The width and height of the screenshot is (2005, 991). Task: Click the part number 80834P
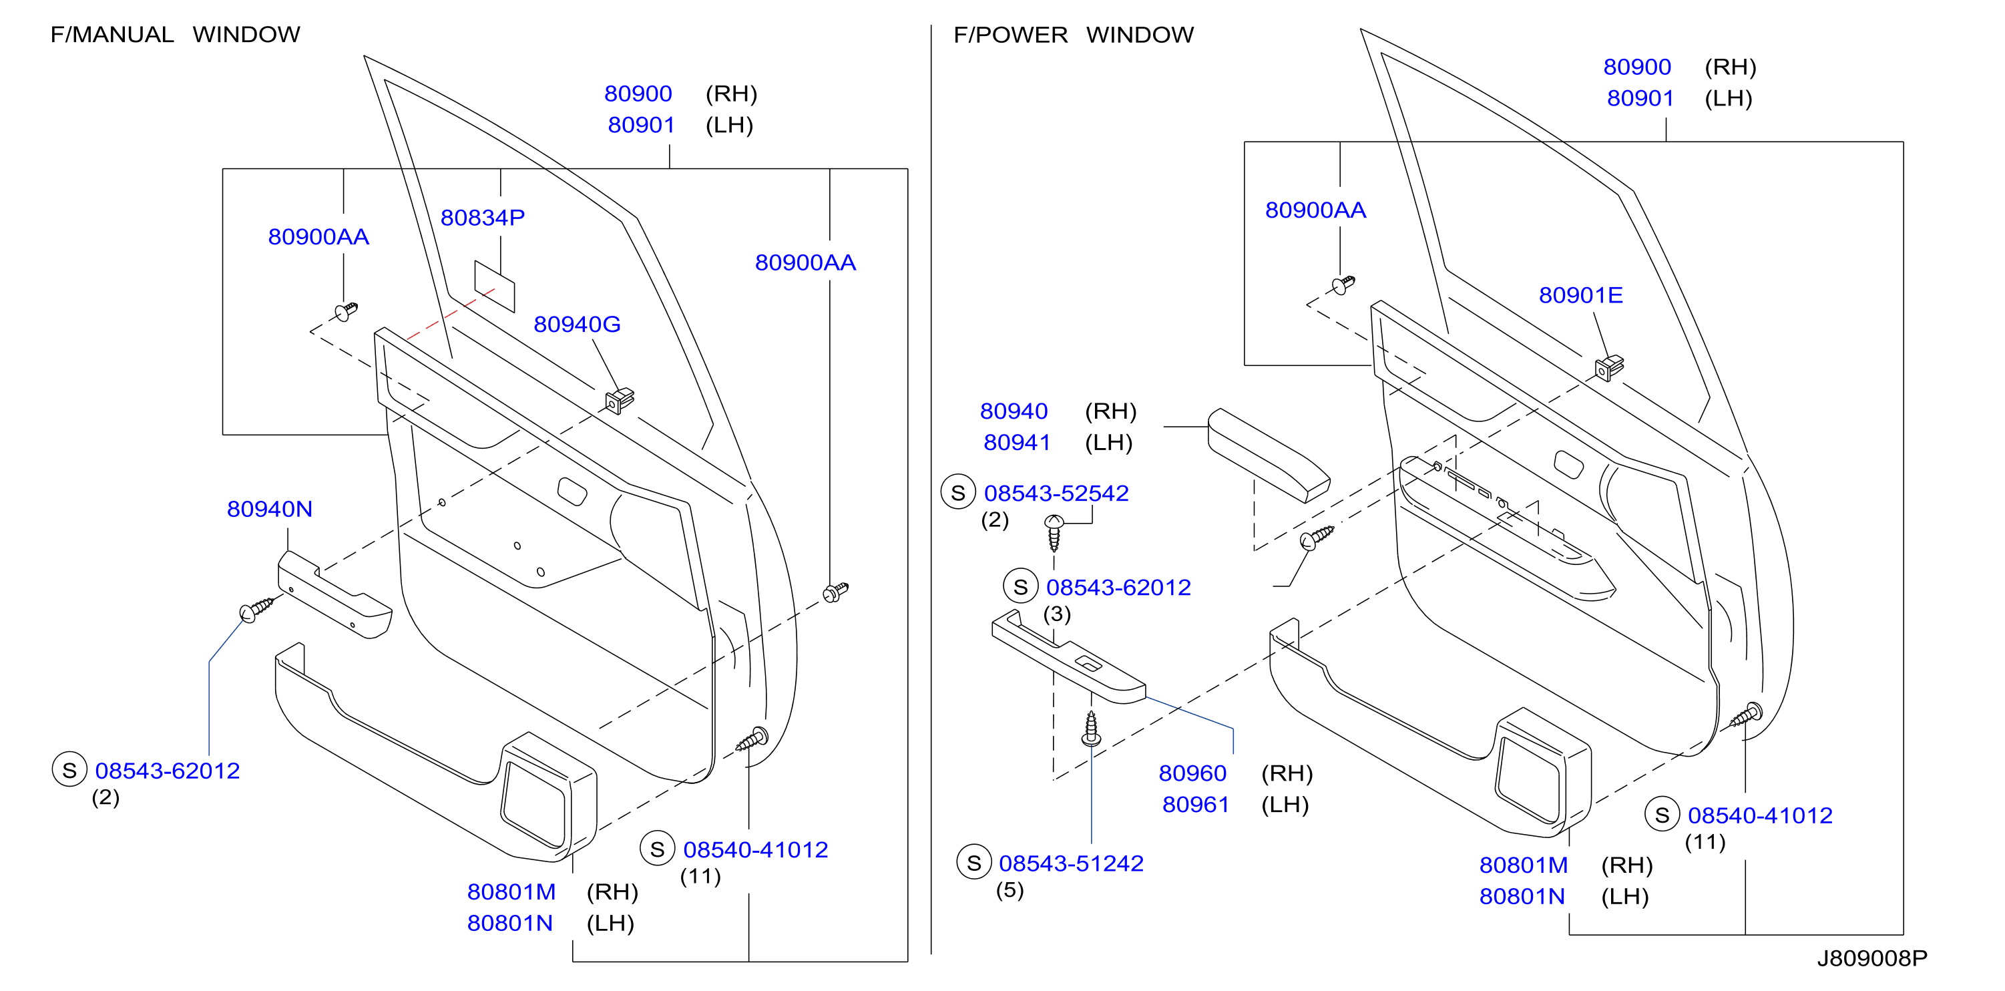tap(483, 218)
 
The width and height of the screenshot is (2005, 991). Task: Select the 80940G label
tap(577, 325)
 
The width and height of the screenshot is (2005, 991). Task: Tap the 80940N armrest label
tap(269, 509)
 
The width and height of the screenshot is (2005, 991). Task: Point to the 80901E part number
tap(1581, 296)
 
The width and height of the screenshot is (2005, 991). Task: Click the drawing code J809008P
tap(1872, 958)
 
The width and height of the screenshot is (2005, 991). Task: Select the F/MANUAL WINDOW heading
tap(175, 35)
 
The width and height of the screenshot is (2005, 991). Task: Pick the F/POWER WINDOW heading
tap(1074, 35)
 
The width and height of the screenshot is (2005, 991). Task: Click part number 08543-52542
tap(1056, 493)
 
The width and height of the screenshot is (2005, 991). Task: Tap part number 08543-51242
tap(1071, 864)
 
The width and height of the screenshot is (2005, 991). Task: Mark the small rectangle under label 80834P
tap(495, 286)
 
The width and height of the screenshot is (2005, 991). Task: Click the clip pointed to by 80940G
tap(620, 400)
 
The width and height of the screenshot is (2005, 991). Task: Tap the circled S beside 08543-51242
tap(973, 863)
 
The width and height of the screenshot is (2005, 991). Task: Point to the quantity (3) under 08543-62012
tap(1057, 614)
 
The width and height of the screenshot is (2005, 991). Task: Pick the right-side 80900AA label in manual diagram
tap(806, 263)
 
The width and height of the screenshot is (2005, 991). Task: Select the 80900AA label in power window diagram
tap(1315, 210)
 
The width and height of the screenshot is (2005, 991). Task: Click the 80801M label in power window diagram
tap(1523, 865)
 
